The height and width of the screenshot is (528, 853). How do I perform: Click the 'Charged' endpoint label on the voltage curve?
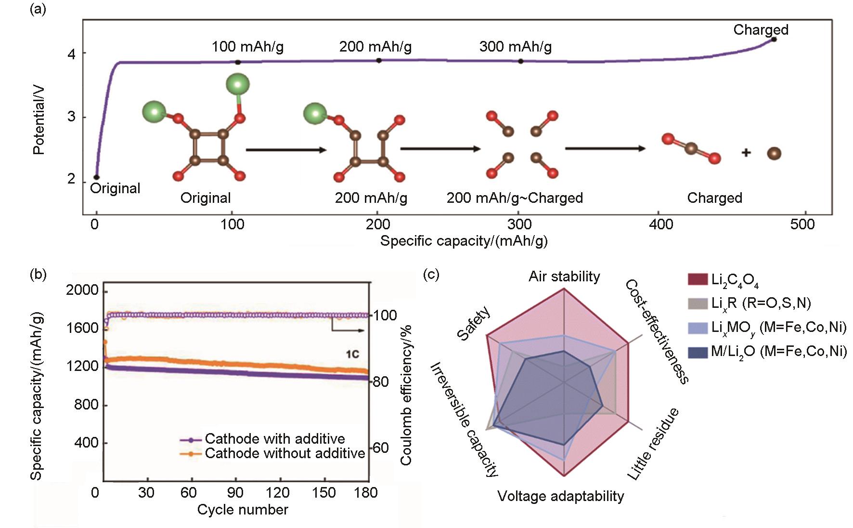(760, 30)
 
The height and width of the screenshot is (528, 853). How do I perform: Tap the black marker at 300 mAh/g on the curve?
(520, 61)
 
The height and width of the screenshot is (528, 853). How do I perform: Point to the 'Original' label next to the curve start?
(115, 188)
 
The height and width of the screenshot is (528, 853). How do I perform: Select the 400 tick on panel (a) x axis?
(660, 224)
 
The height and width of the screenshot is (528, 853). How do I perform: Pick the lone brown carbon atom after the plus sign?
(774, 154)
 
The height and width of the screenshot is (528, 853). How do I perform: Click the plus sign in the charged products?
(746, 153)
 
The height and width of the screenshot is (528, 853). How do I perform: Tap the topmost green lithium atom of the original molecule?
(238, 85)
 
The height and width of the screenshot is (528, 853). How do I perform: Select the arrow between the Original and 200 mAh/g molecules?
(286, 150)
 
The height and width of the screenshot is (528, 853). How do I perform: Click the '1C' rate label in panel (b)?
(352, 355)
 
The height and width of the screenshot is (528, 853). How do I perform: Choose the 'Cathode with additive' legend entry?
(274, 439)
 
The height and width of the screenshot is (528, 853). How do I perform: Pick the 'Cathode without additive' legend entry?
(284, 453)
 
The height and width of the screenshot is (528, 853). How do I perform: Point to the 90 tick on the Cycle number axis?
(235, 492)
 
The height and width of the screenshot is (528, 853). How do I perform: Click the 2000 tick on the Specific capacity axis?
(82, 290)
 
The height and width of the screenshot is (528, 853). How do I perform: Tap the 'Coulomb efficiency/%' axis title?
(406, 396)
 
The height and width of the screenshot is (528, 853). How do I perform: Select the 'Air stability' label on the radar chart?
(564, 277)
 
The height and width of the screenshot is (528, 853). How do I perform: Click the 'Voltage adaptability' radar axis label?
(560, 496)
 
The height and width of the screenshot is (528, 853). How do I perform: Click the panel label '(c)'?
(431, 275)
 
